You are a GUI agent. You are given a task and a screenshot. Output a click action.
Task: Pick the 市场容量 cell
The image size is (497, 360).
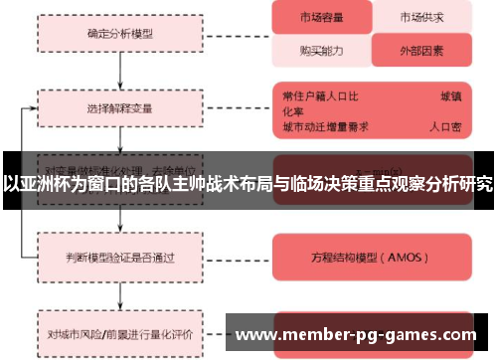[x=321, y=18]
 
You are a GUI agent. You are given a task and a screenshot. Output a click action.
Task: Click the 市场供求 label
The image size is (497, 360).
[x=421, y=18]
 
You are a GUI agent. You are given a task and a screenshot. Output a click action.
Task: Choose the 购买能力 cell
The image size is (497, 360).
[x=321, y=48]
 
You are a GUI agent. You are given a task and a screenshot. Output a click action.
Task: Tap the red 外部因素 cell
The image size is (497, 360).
[x=421, y=48]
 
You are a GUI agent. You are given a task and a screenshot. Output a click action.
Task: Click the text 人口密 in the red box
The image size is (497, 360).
[x=445, y=127]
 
